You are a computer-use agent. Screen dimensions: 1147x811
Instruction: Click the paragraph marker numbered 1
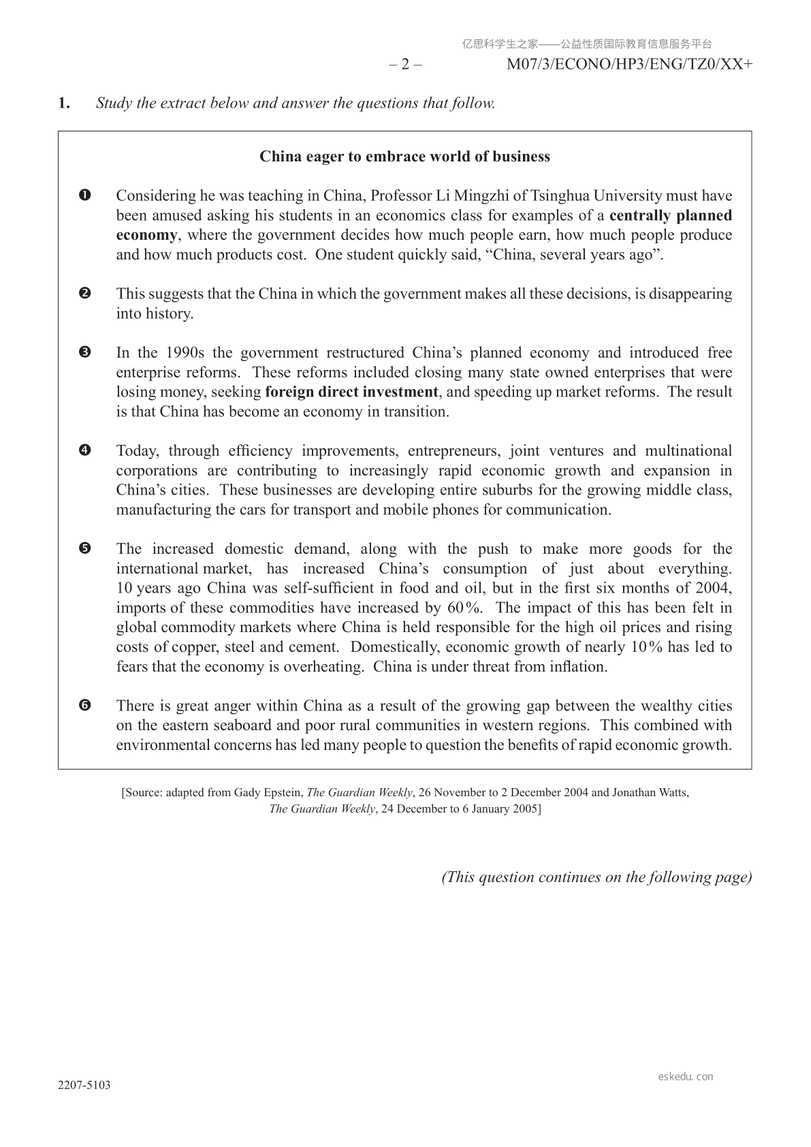85,196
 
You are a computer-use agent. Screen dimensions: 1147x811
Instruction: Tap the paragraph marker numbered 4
85,451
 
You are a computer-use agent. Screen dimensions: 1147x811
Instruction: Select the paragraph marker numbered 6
85,706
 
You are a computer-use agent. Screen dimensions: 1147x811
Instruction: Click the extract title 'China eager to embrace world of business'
404,157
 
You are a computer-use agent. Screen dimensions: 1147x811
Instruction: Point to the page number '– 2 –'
405,65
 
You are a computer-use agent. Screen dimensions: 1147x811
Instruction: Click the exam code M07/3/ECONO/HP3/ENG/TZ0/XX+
630,65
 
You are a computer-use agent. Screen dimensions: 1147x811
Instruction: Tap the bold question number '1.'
64,104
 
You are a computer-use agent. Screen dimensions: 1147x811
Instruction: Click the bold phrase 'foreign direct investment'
351,392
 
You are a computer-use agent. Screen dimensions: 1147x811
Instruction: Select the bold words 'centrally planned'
671,216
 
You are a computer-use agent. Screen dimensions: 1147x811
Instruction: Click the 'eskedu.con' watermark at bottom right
686,1077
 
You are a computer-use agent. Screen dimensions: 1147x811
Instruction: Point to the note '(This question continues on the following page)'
597,877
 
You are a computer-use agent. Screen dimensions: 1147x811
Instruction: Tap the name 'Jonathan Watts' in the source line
650,793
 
